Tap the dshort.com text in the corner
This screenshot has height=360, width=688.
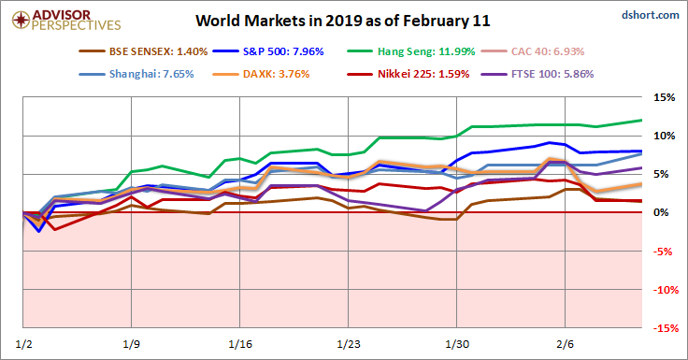(650, 15)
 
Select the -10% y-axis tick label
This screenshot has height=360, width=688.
(663, 290)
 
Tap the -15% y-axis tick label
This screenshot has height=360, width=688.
(663, 328)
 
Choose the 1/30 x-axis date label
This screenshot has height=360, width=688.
(457, 343)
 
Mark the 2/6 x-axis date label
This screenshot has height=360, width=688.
(566, 343)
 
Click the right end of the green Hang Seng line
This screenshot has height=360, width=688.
(641, 120)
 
